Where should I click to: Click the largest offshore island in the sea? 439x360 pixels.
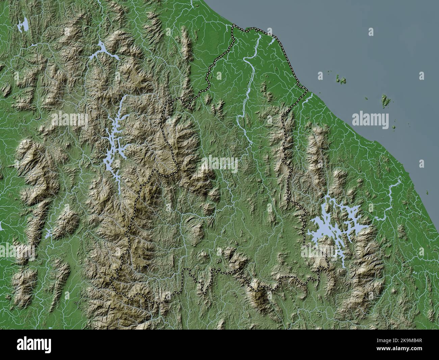coord(385,100)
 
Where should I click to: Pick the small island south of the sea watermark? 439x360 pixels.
coord(394,128)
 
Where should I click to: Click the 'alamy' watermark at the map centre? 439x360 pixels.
coord(219,164)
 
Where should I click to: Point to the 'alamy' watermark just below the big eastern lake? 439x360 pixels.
coord(319,252)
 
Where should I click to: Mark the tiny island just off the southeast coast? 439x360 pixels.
coord(427,193)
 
